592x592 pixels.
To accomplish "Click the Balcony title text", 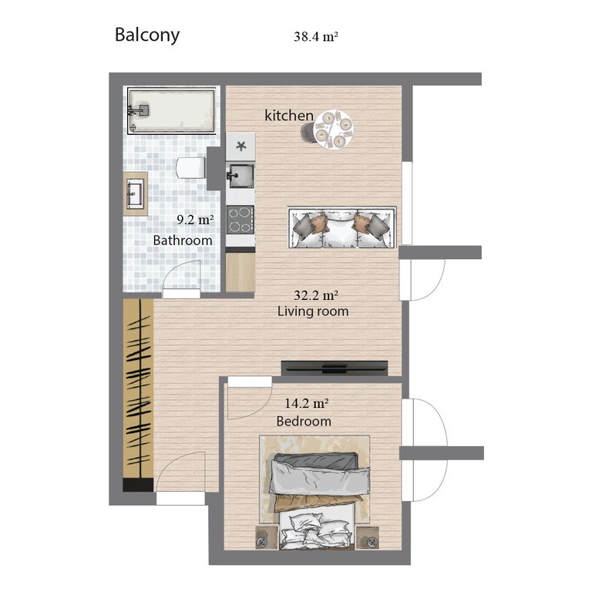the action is tap(147, 35).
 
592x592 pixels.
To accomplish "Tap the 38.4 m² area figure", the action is tap(315, 37).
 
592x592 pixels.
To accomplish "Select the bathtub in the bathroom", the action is tap(171, 110).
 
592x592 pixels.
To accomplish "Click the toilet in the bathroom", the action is tap(190, 167).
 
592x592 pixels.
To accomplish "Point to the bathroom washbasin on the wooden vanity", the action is tap(135, 193).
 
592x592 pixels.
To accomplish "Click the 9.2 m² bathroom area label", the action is tap(195, 220).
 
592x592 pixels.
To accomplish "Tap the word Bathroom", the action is tap(183, 240).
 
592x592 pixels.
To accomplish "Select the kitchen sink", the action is tap(240, 176).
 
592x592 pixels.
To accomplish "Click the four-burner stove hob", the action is tap(240, 220).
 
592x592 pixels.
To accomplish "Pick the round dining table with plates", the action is tap(334, 129).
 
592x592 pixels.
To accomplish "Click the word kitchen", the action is tap(289, 116).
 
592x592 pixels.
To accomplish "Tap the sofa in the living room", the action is tap(342, 227).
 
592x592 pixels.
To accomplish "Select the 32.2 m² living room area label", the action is tap(315, 295).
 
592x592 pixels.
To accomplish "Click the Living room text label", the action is tap(313, 311).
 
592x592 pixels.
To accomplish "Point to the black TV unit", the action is tap(335, 368).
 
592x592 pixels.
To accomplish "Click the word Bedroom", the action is tap(304, 422).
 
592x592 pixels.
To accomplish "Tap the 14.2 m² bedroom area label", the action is tap(306, 403).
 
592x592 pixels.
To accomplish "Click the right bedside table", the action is tap(368, 537).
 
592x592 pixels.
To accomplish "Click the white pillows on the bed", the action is tap(317, 531).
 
